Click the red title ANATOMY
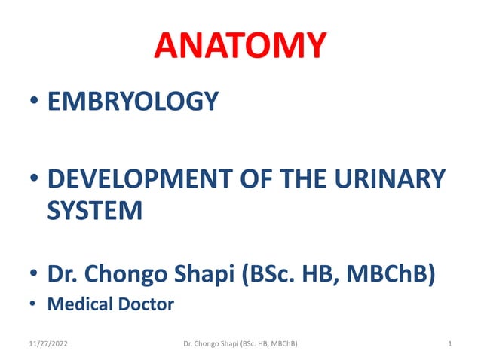point(240,47)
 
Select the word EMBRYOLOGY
point(133,101)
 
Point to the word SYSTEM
point(94,210)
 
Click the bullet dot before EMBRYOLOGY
point(35,102)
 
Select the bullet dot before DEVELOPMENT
point(35,182)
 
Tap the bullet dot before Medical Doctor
point(35,305)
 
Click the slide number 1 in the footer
point(449,344)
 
